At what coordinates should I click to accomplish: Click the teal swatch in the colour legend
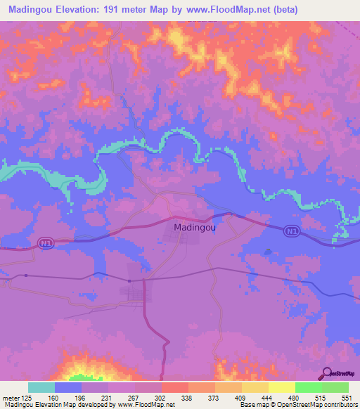pos(41,387)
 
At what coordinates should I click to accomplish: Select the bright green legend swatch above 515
pos(308,387)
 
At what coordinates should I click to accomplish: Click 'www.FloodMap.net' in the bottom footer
pos(146,405)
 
